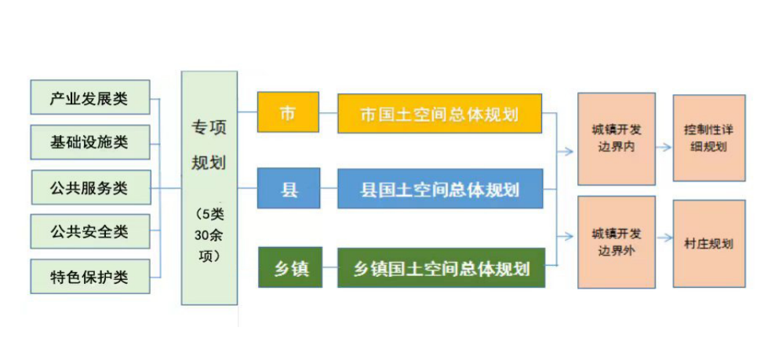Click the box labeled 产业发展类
tap(90, 97)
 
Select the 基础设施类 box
tap(90, 142)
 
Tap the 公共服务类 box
tap(91, 187)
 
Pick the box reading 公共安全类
tap(90, 231)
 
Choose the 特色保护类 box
tap(90, 276)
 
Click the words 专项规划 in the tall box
tap(209, 144)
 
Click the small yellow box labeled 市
tap(289, 112)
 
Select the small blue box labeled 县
tap(289, 188)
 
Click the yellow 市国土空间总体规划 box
tap(439, 114)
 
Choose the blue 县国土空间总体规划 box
tap(440, 188)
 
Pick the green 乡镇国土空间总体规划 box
tap(441, 267)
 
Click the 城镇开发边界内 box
tap(617, 139)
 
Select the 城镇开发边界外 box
tap(617, 242)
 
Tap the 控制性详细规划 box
tap(709, 138)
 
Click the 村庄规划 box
tap(709, 243)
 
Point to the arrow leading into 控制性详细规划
tap(663, 147)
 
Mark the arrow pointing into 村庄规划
tap(664, 238)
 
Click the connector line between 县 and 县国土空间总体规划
tap(329, 188)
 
